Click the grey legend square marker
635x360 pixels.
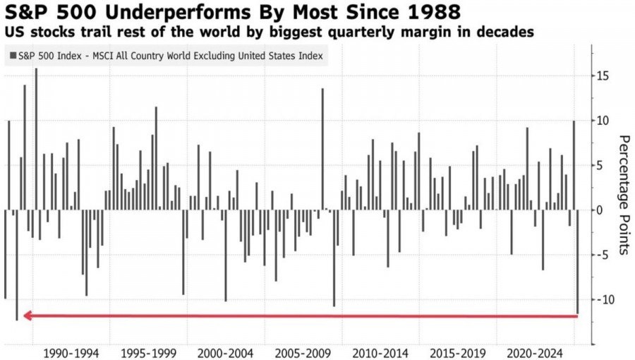tap(13, 56)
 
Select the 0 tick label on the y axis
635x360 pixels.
tap(598, 210)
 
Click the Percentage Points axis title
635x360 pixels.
tap(623, 194)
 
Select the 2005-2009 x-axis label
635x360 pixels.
tap(304, 352)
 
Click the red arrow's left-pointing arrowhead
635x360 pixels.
tap(28, 316)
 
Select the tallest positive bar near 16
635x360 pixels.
tap(36, 141)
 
